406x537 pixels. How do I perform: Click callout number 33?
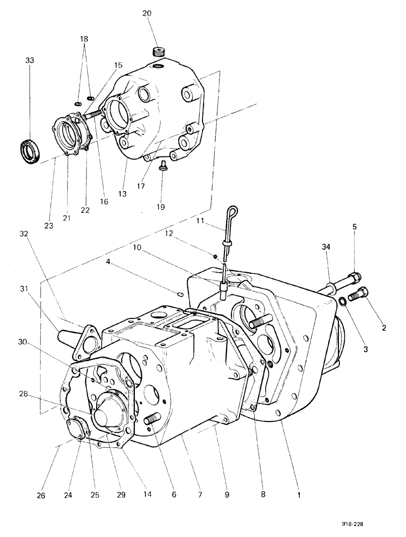point(30,61)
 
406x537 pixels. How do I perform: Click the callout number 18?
point(83,39)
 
